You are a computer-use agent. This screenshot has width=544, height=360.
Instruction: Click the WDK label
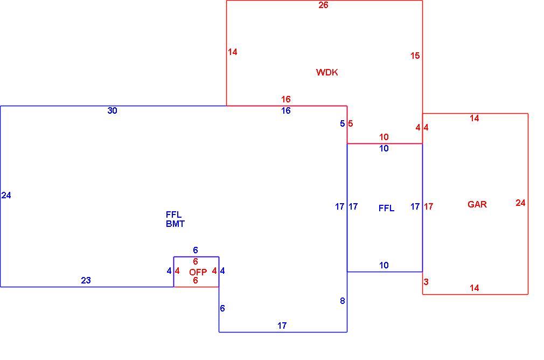point(327,72)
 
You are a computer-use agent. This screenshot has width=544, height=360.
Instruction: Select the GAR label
point(477,204)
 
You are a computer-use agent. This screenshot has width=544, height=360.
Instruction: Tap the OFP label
point(198,272)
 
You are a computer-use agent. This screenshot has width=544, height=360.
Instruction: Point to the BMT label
point(175,224)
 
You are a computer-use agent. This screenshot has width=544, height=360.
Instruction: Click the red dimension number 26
point(323,5)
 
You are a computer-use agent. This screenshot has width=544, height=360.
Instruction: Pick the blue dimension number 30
point(112,110)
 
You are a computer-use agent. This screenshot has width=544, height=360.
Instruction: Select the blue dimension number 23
point(86,280)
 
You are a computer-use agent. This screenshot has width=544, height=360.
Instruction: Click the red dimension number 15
point(415,56)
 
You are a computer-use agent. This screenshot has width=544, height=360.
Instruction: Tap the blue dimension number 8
point(343,301)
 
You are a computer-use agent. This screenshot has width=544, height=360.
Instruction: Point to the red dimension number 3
point(426,282)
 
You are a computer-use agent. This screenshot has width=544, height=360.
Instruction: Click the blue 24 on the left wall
point(6,196)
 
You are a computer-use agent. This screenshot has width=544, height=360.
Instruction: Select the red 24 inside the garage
point(520,203)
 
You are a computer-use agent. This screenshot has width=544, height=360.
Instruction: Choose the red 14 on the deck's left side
point(233,52)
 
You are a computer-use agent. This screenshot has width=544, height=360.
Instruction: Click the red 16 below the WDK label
point(285,99)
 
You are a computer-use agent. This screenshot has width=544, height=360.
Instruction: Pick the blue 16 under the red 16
point(285,110)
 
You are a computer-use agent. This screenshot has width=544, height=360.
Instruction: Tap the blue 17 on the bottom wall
point(282,326)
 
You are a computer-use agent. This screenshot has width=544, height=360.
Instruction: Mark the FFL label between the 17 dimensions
point(386,208)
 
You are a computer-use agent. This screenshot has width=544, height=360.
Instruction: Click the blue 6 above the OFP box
point(196,250)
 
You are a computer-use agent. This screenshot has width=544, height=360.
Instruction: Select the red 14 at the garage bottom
point(475,288)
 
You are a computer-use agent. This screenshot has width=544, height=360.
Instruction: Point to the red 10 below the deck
point(383,137)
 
